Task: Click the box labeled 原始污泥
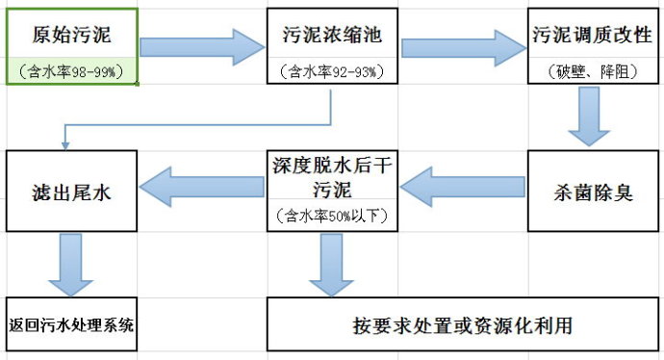(x=72, y=37)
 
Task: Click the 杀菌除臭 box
(x=592, y=191)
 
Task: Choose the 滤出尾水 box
(x=72, y=190)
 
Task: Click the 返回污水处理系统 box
(x=71, y=323)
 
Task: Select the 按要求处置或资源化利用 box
(x=462, y=323)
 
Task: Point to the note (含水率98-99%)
(x=72, y=70)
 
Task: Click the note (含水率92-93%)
(x=332, y=70)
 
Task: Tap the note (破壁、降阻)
(x=593, y=70)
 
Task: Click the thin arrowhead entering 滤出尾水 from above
(x=65, y=144)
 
